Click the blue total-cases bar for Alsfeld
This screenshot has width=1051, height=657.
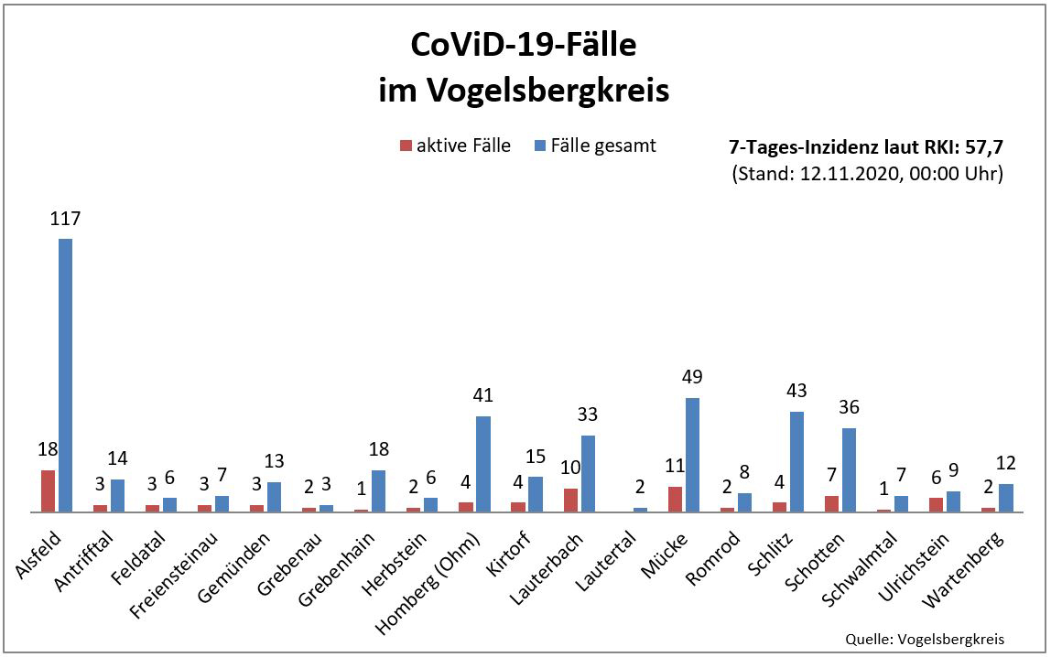[65, 375]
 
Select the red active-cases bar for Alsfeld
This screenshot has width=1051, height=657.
[48, 491]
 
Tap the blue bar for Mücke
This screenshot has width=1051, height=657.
[692, 455]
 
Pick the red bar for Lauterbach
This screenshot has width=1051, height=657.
[570, 501]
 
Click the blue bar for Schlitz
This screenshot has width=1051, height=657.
[796, 462]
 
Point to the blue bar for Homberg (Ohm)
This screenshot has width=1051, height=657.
[483, 464]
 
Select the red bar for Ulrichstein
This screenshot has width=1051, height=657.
[936, 505]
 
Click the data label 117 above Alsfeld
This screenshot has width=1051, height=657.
[65, 220]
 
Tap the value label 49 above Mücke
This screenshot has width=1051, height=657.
[692, 378]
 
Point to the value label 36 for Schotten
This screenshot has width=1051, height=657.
[849, 408]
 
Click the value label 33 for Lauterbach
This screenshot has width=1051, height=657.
[588, 415]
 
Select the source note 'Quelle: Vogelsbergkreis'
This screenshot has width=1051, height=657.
[926, 639]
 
